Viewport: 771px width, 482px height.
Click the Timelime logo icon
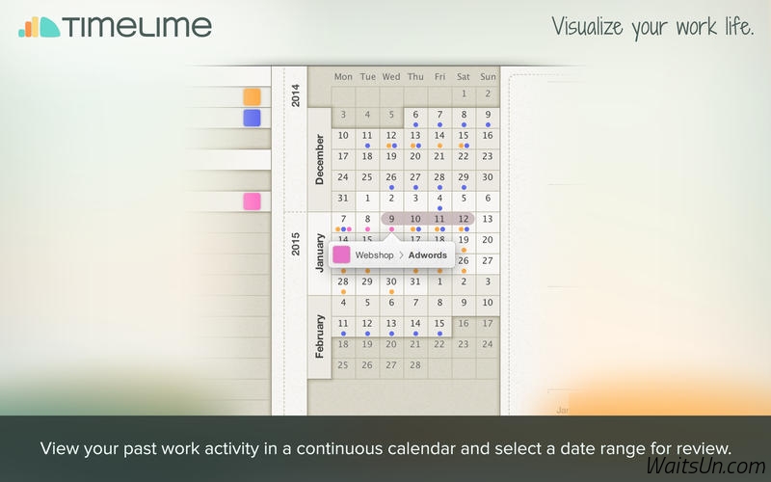coord(40,27)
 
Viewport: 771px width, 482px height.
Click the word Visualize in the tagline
coord(587,26)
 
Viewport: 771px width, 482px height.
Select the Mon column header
coord(343,77)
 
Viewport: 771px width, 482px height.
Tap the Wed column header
coord(391,77)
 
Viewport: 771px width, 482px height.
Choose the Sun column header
coord(488,77)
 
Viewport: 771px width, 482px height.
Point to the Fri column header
coord(439,77)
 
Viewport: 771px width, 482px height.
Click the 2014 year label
coord(296,95)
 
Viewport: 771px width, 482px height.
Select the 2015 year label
coord(296,245)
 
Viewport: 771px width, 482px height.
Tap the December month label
coord(320,159)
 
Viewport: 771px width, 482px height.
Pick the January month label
coord(320,253)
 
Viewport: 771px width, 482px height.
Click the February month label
coord(320,336)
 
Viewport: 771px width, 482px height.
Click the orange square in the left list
coord(252,97)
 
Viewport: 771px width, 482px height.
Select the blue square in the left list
coord(252,118)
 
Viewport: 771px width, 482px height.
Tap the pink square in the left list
coord(252,201)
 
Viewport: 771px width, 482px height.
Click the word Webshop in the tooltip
coord(374,255)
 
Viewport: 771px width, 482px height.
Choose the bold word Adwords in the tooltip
coord(427,255)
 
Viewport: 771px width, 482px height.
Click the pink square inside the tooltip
coord(341,254)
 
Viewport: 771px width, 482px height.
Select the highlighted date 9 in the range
coord(391,219)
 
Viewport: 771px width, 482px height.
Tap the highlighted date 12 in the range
coord(464,219)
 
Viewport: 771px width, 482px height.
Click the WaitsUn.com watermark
coord(705,466)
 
